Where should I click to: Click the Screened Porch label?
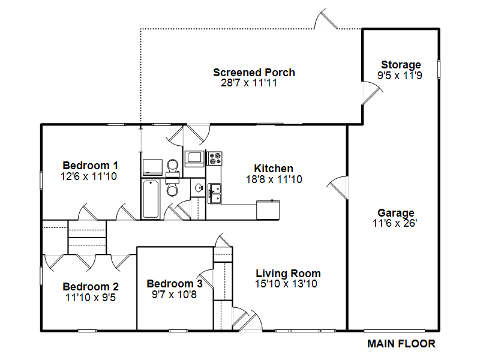pos(254,73)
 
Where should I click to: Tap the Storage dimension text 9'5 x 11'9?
pos(400,76)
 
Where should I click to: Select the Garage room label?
pos(396,213)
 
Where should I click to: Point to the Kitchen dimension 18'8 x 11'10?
pos(274,179)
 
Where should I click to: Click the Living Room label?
pos(288,273)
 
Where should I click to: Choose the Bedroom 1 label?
pos(91,166)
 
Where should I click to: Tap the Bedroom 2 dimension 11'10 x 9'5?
pos(91,298)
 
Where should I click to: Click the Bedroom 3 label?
pos(175,284)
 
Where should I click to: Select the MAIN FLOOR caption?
pos(401,344)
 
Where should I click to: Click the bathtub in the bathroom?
pos(151,199)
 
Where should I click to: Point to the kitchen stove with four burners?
pos(215,158)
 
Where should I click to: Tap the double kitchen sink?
pos(215,193)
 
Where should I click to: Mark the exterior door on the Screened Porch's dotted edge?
pos(326,19)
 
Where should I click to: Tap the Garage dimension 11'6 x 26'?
pos(395,223)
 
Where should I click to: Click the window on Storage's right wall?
pos(439,69)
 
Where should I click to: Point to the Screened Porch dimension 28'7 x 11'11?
pos(249,83)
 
